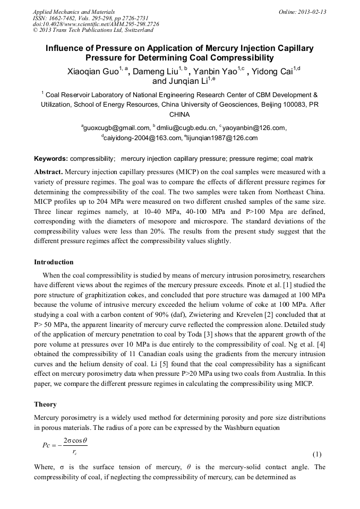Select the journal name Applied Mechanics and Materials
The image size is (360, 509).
[x=74, y=12]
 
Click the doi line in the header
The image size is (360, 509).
[x=96, y=24]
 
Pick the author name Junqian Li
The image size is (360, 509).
[x=181, y=82]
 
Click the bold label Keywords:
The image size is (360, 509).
[x=50, y=159]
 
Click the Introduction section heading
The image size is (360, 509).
[x=54, y=262]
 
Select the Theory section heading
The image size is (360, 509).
[x=45, y=404]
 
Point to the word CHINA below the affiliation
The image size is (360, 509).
[x=179, y=114]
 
